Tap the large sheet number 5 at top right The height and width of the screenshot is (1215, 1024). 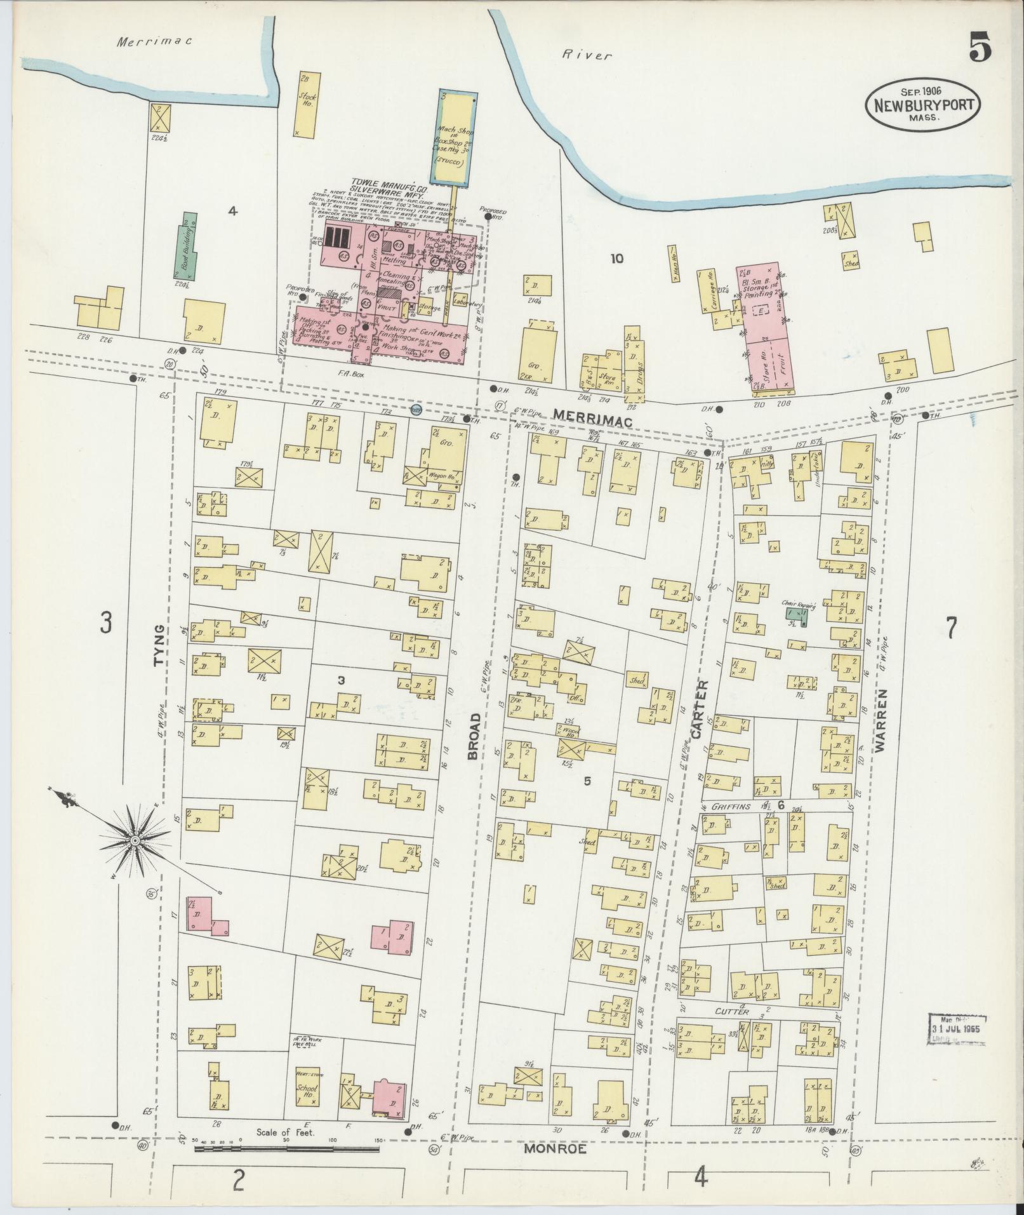[x=980, y=48]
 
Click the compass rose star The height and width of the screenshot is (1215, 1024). [x=135, y=842]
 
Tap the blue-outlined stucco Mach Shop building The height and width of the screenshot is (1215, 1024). [x=457, y=138]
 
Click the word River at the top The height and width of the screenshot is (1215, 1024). [x=587, y=56]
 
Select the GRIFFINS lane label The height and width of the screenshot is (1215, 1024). [x=731, y=807]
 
